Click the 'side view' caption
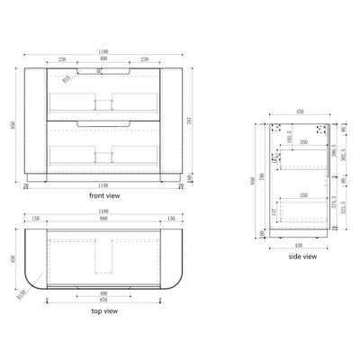click(x=302, y=256)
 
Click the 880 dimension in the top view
click(x=108, y=217)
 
